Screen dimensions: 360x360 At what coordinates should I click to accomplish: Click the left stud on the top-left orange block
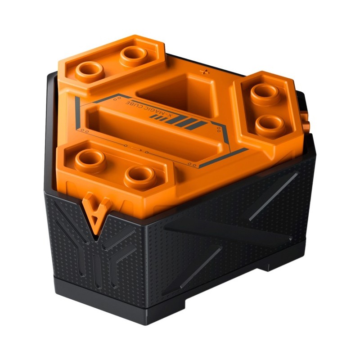point(90,72)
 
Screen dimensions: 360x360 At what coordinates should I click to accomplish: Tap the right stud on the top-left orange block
point(134,56)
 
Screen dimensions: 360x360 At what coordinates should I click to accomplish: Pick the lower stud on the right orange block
point(270,126)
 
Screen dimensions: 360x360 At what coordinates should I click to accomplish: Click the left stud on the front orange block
point(90,161)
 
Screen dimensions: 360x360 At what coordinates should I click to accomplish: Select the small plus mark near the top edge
point(205,72)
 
